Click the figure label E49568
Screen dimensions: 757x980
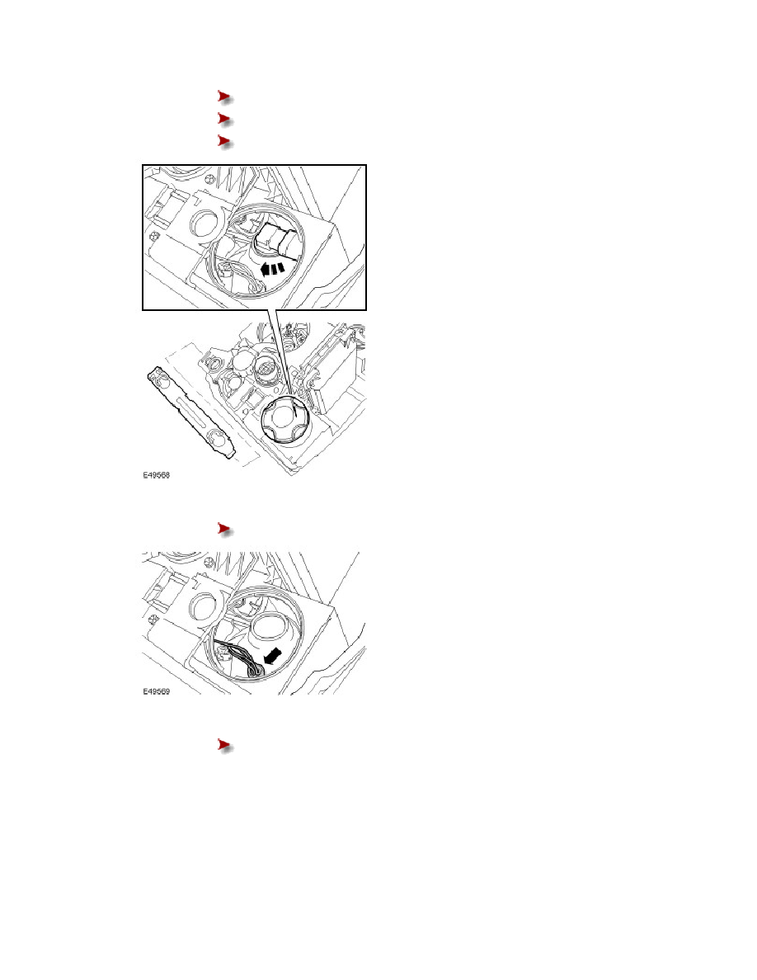click(156, 475)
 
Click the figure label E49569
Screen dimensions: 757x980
click(156, 692)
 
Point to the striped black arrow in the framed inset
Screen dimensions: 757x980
click(272, 269)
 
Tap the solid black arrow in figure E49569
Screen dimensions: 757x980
click(273, 656)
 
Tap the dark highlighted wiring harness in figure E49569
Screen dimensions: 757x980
click(241, 658)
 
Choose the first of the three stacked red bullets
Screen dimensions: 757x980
click(225, 97)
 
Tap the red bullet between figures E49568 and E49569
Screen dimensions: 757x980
click(225, 530)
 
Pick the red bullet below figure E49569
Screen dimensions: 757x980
click(225, 747)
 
